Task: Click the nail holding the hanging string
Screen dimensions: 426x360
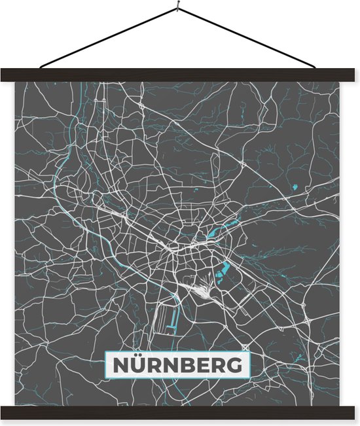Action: pyautogui.click(x=177, y=8)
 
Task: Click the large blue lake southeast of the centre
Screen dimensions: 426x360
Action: pyautogui.click(x=225, y=266)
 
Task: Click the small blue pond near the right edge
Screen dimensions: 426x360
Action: pyautogui.click(x=294, y=188)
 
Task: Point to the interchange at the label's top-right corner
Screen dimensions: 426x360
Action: pyautogui.click(x=245, y=347)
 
